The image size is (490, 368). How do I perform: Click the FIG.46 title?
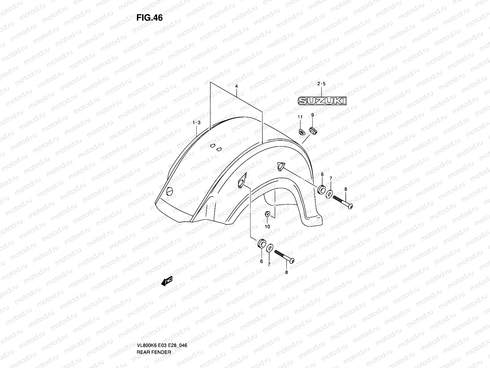click(149, 18)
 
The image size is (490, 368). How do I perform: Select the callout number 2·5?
click(322, 84)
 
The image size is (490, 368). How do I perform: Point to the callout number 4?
click(236, 86)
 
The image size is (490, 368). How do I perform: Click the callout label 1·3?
click(196, 123)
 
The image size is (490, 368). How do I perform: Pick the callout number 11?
click(300, 117)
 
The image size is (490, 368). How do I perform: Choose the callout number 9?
click(312, 115)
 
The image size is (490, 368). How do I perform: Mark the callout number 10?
click(267, 227)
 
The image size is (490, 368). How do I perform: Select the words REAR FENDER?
click(154, 326)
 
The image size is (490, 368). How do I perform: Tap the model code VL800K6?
click(146, 320)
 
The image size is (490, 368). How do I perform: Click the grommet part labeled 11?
click(301, 132)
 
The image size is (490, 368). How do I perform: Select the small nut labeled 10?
click(267, 214)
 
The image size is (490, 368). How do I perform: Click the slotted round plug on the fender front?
click(170, 191)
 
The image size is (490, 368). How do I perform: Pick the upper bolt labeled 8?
click(343, 202)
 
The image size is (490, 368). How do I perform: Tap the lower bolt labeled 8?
click(285, 256)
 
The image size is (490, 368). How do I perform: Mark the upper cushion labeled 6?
click(321, 190)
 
